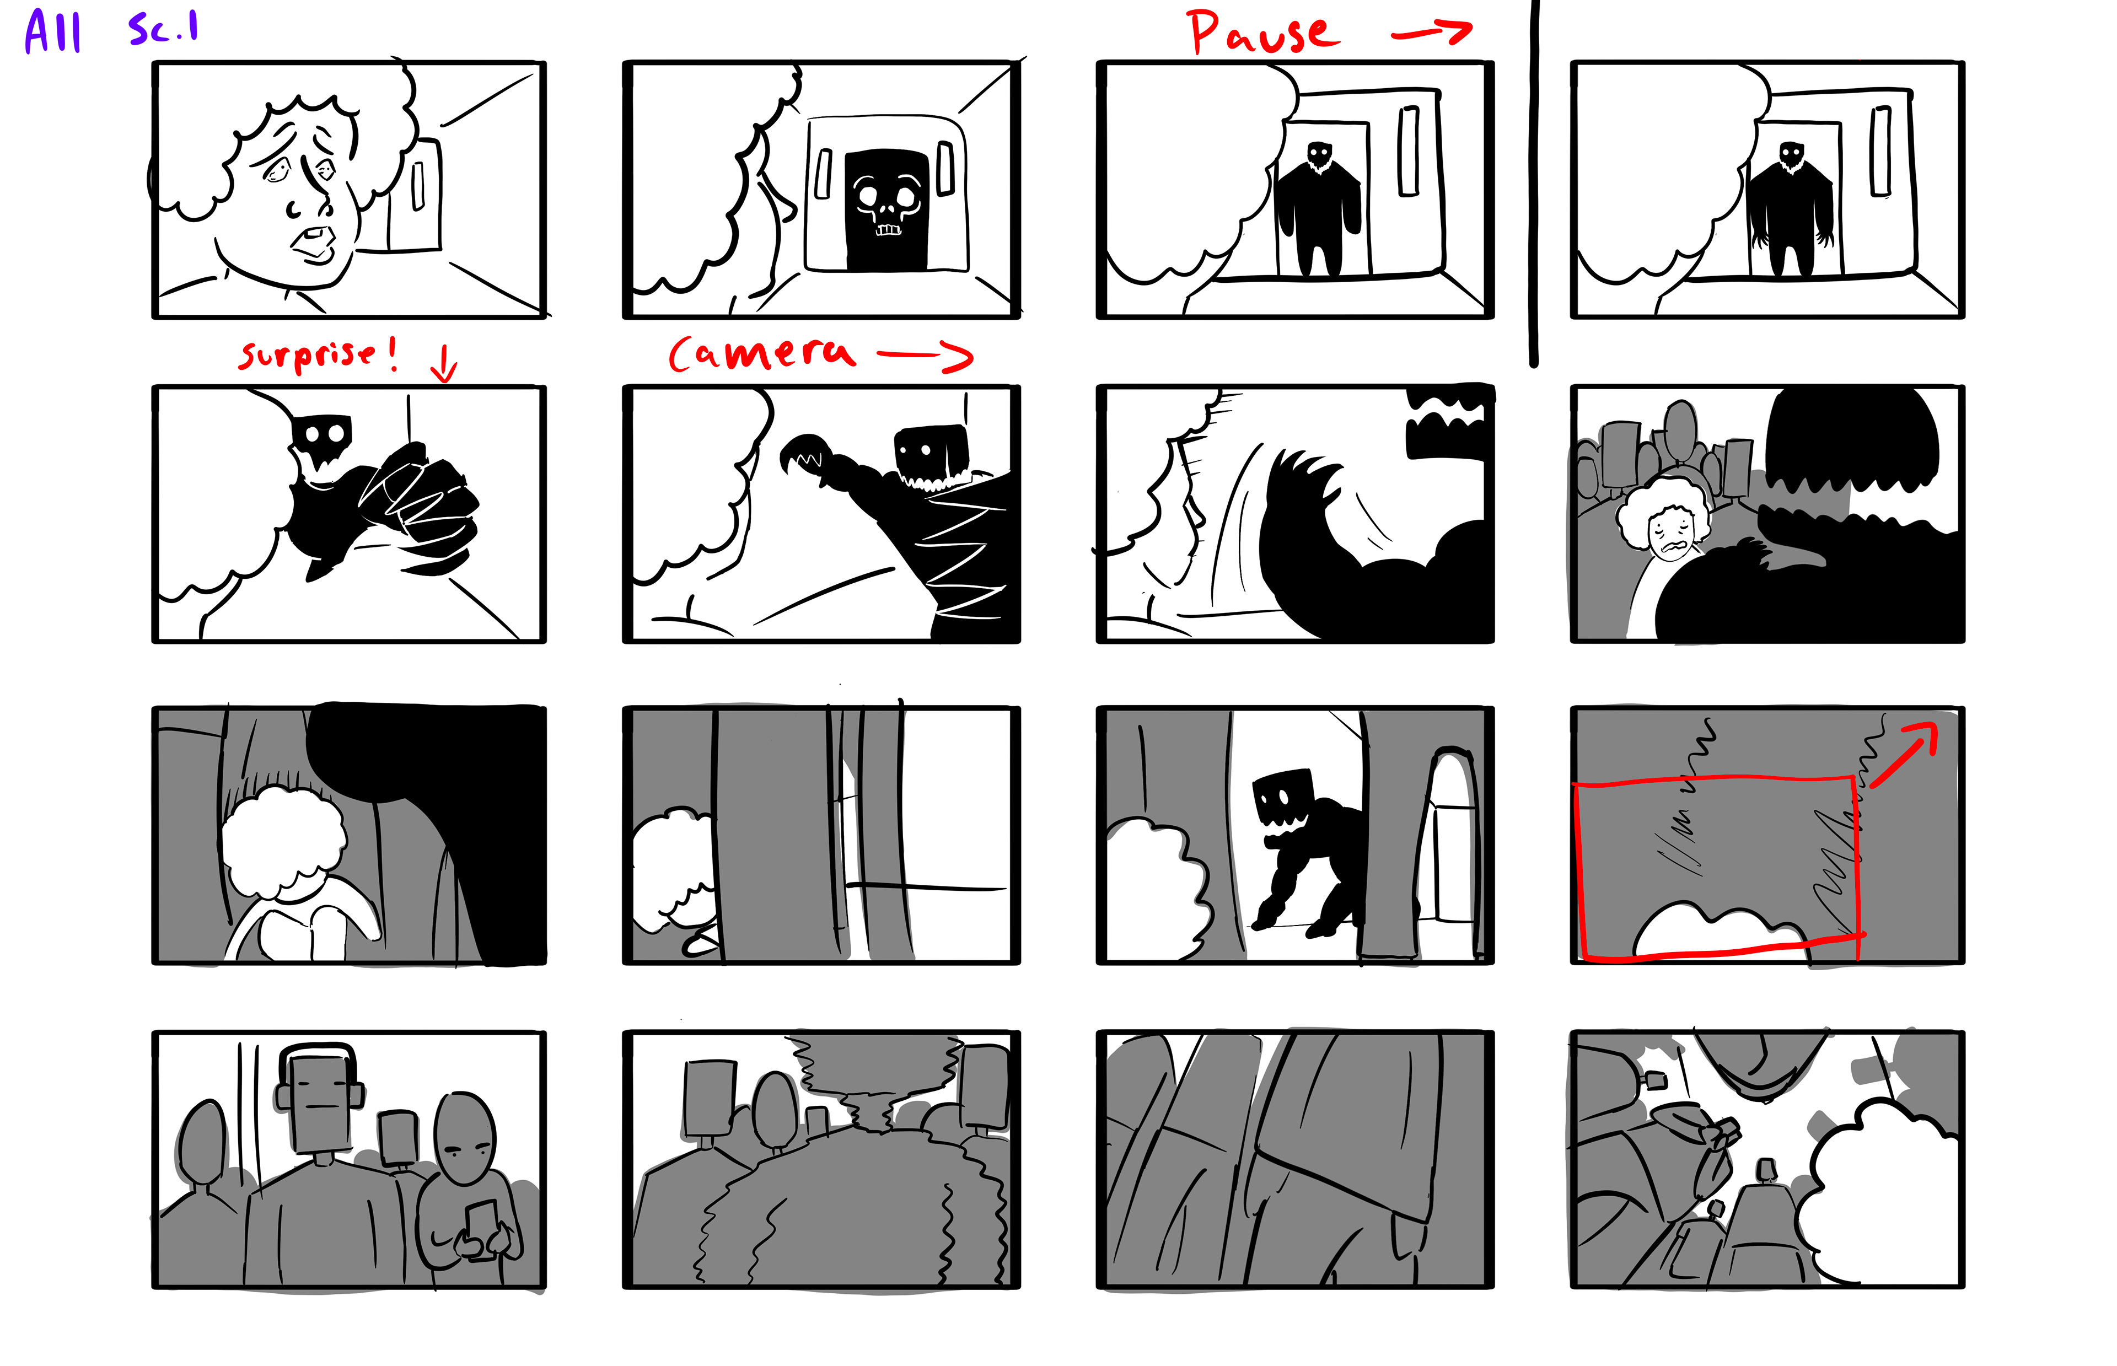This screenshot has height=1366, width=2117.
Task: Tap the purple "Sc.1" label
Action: (x=163, y=28)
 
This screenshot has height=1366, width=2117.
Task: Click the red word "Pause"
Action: (x=1263, y=33)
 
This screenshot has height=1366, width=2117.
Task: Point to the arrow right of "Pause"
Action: (x=1431, y=33)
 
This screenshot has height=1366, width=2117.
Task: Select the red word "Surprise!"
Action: (x=316, y=355)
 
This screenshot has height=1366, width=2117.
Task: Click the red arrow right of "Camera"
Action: (x=925, y=355)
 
